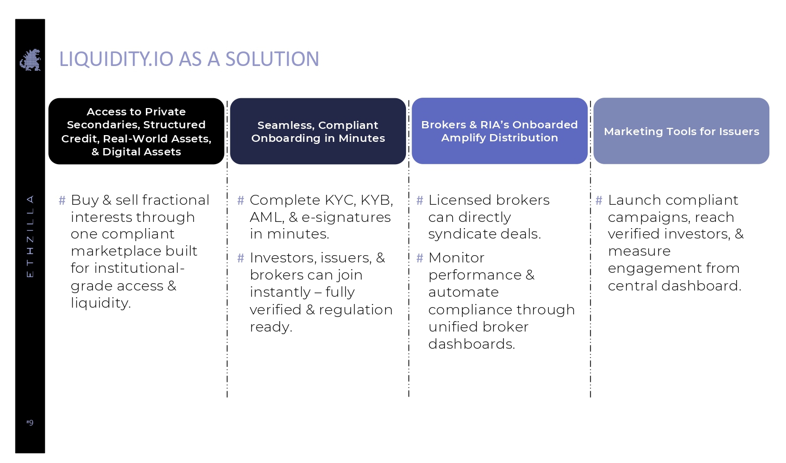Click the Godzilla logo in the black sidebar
pos(30,60)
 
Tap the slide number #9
pos(30,422)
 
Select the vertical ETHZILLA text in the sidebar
pos(30,236)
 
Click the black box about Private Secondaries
pos(136,131)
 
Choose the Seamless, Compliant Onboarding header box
pos(318,131)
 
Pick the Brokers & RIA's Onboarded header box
pos(499,130)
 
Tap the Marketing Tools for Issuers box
pos(682,130)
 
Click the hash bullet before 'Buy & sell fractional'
pos(62,200)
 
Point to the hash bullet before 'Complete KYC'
pos(241,200)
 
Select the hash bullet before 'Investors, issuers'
pos(241,258)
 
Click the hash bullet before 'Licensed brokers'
pos(419,200)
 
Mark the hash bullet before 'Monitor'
pos(419,258)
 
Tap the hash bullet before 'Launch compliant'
pos(599,200)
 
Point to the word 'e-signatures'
pos(346,217)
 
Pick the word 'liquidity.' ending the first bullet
pos(101,303)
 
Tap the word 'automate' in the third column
pos(464,292)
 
